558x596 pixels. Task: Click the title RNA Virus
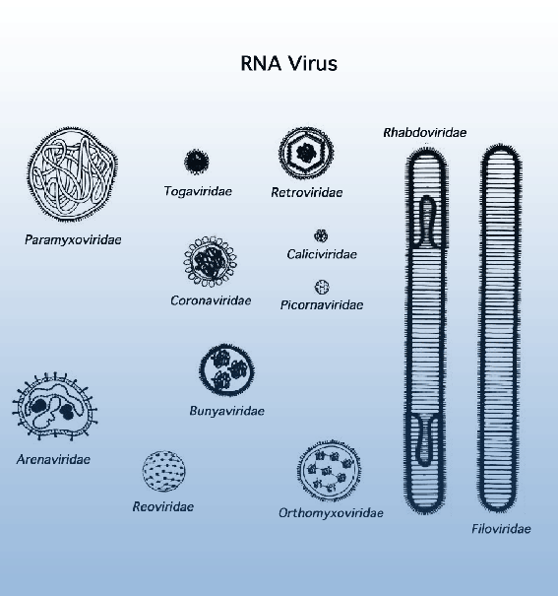(289, 63)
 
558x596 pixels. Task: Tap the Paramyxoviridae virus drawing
(72, 174)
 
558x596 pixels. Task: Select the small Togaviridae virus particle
(196, 162)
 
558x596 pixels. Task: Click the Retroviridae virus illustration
(306, 152)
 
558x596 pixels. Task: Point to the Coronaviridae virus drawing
(211, 261)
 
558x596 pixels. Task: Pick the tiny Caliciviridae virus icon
(321, 236)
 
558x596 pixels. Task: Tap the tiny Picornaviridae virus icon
(322, 287)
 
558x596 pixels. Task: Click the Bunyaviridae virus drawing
(226, 369)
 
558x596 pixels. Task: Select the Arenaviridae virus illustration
(55, 406)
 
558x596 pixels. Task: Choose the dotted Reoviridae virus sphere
(164, 471)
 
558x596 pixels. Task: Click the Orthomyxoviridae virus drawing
(329, 471)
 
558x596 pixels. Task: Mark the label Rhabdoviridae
(425, 133)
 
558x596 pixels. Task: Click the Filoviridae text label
(501, 529)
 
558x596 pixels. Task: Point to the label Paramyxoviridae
(73, 239)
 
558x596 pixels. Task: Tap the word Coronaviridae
(211, 300)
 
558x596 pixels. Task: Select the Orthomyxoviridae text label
(331, 513)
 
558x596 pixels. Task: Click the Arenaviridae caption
(53, 459)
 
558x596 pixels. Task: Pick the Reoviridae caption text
(163, 506)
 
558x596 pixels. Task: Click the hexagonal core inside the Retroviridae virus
(307, 153)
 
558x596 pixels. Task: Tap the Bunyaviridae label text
(227, 411)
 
